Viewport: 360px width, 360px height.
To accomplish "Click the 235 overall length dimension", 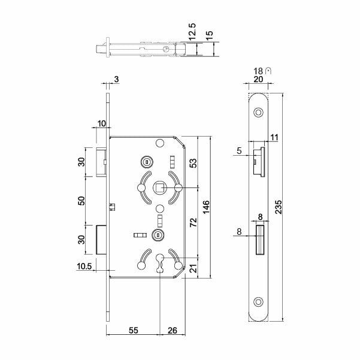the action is pyautogui.click(x=279, y=207).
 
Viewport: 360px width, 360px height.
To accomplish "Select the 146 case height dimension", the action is pyautogui.click(x=206, y=207).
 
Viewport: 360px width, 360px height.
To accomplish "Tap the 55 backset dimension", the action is pyautogui.click(x=134, y=330).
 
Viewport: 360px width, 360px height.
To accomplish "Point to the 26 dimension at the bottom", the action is pyautogui.click(x=173, y=330).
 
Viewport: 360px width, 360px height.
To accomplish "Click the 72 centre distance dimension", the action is pyautogui.click(x=193, y=222).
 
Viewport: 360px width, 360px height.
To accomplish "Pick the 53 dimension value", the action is pyautogui.click(x=193, y=163).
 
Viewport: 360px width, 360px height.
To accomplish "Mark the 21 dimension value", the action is pyautogui.click(x=193, y=268).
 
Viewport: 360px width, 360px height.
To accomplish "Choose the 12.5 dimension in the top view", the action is pyautogui.click(x=192, y=32).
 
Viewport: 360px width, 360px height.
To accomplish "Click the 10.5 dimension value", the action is pyautogui.click(x=84, y=267).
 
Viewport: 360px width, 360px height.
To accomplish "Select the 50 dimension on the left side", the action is pyautogui.click(x=81, y=201).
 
